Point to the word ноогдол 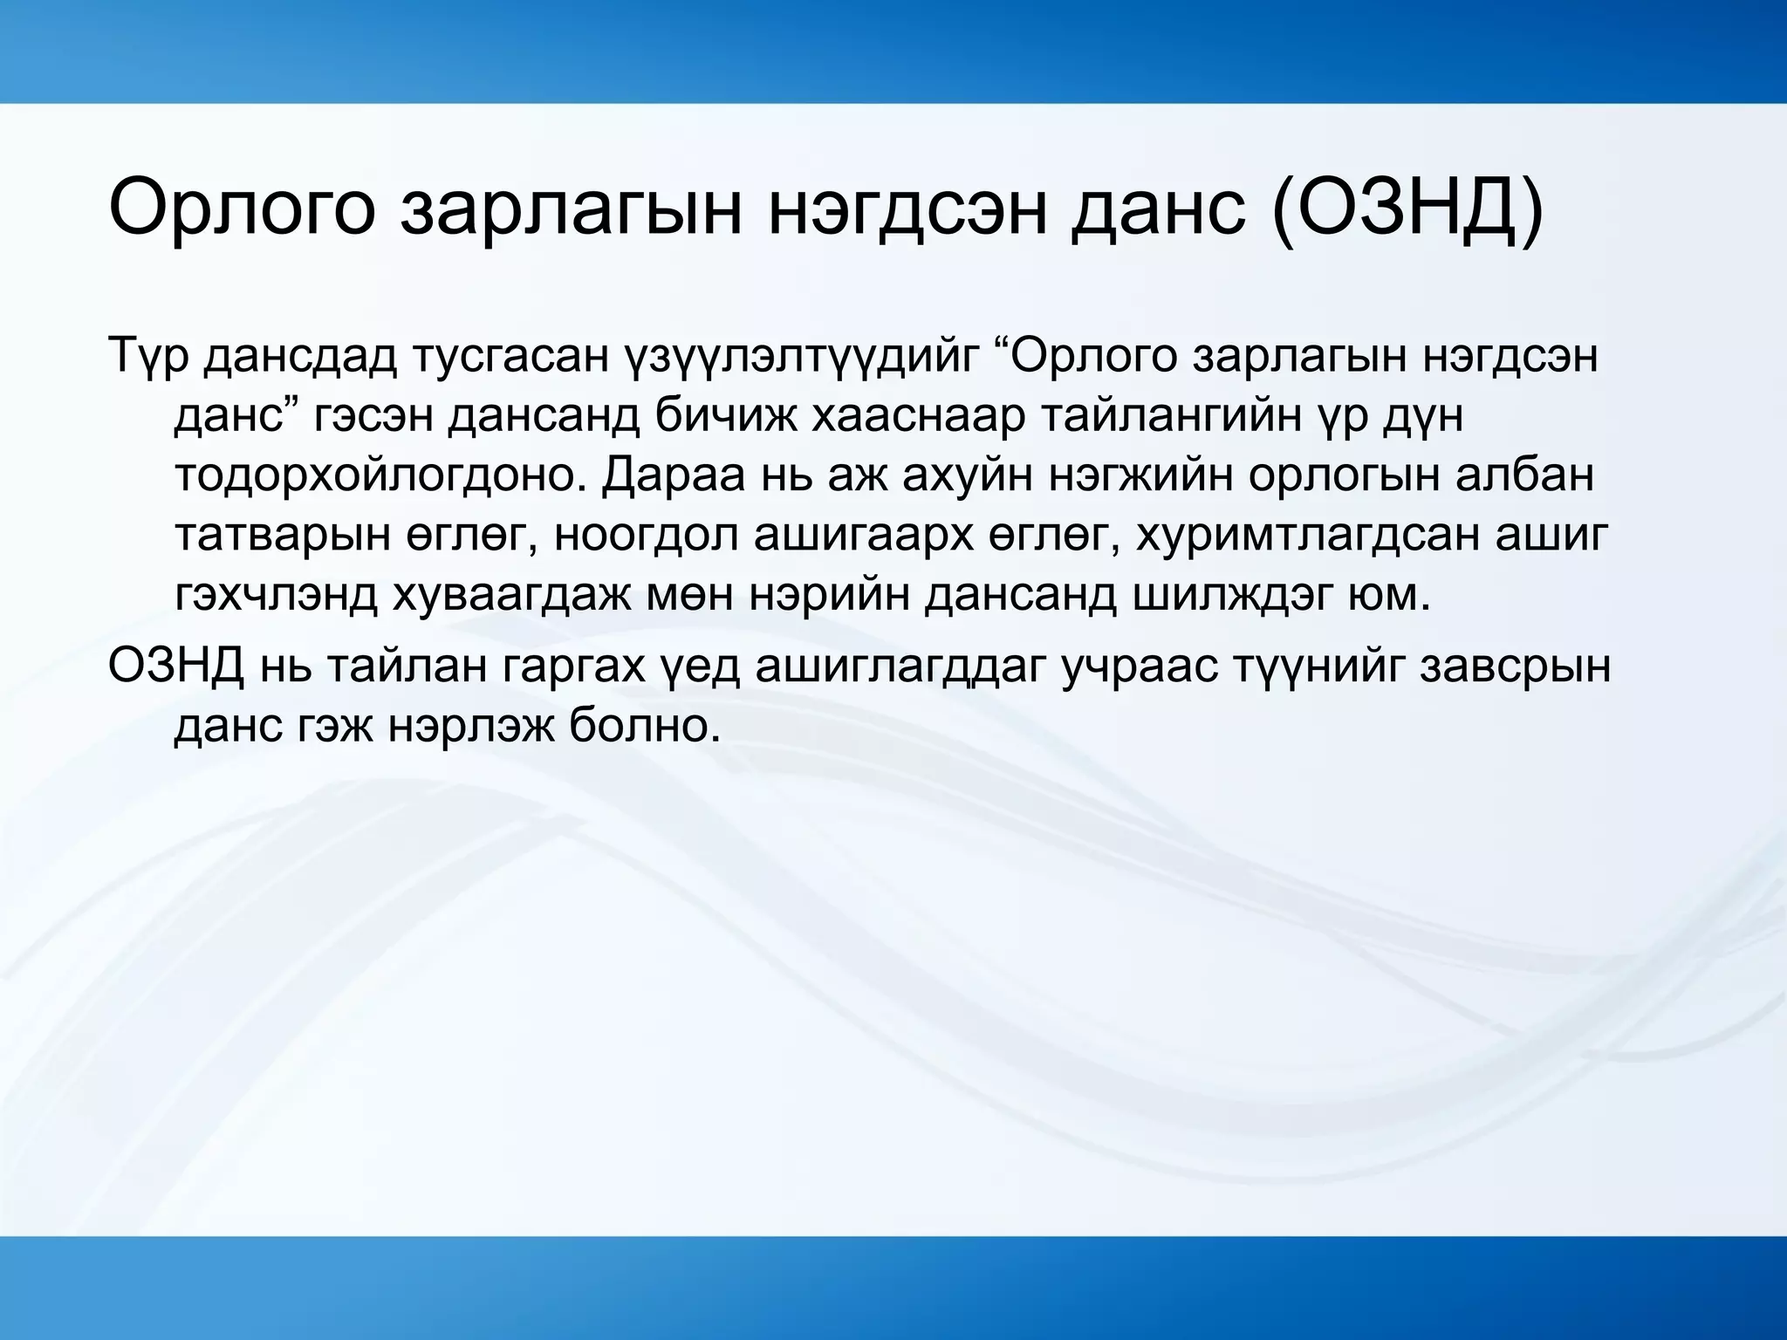point(646,536)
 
